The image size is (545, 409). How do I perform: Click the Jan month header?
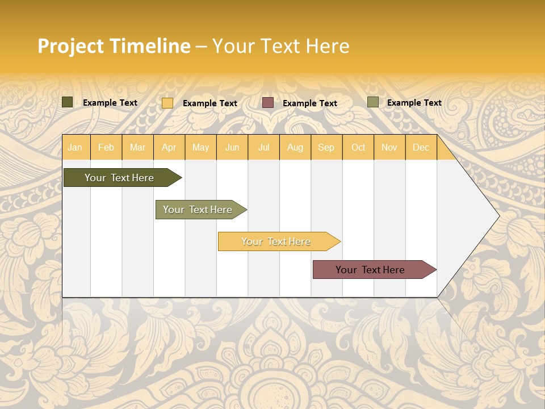click(75, 147)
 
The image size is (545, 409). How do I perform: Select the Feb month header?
click(106, 147)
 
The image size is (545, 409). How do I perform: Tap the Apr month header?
click(169, 147)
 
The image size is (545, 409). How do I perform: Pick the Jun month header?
click(232, 147)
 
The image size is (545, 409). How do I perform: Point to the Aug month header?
click(295, 147)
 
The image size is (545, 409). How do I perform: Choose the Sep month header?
click(326, 147)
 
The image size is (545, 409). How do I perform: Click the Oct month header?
click(358, 147)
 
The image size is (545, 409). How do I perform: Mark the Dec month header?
click(421, 147)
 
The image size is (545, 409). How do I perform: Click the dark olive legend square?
click(68, 102)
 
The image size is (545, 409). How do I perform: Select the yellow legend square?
click(167, 103)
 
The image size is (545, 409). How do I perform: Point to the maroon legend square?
click(268, 103)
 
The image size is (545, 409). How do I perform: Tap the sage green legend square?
click(373, 102)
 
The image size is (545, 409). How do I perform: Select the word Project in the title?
click(70, 46)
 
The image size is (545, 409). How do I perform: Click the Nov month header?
click(389, 147)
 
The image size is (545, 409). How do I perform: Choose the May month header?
click(200, 147)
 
